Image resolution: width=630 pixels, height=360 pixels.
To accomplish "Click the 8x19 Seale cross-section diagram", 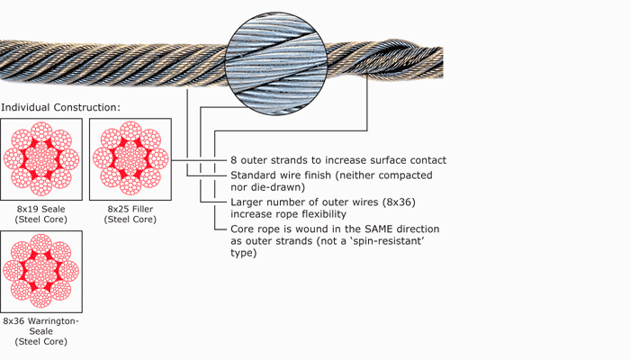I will tap(40, 159).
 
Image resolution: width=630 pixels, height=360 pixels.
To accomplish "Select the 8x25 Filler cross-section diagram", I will tap(130, 159).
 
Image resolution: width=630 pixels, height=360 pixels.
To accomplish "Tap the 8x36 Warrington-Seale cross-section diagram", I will tap(40, 271).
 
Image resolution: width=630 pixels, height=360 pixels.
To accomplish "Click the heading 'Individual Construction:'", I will tap(60, 108).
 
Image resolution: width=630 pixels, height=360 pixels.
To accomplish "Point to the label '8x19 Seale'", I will tap(40, 209).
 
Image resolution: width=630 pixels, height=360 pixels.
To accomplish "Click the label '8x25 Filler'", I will tap(130, 209).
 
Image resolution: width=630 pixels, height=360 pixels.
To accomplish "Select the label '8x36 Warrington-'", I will tap(41, 321).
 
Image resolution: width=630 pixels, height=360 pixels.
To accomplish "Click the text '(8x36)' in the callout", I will tap(396, 202).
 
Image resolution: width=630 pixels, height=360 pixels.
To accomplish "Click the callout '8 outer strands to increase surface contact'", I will tap(338, 160).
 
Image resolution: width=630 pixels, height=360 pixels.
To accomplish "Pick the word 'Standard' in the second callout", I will tap(256, 175).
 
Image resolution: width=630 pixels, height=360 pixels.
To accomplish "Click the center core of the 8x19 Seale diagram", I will tap(40, 159).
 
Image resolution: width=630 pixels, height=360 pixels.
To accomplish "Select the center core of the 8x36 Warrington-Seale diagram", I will tap(40, 271).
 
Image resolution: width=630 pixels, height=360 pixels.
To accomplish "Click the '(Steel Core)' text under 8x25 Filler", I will tap(130, 220).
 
